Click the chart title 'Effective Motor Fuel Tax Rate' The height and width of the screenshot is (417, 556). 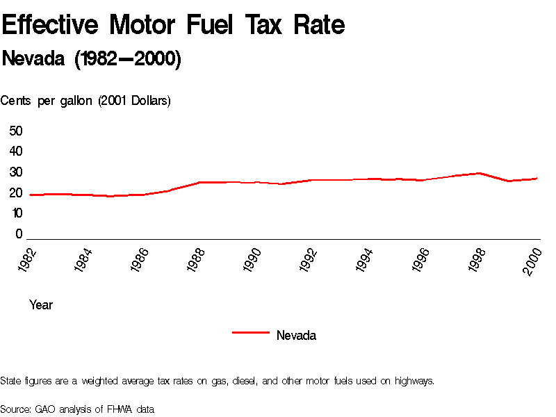click(173, 26)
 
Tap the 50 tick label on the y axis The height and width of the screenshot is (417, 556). click(16, 131)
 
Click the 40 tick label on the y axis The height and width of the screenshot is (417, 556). click(16, 152)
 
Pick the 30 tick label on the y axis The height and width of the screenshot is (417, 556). click(16, 172)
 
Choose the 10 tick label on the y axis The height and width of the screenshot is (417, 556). click(16, 213)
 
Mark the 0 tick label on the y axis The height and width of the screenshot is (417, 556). click(19, 234)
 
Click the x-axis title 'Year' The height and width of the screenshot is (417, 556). click(41, 305)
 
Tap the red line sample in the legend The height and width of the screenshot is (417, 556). click(250, 333)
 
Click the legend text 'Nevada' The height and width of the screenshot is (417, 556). click(296, 336)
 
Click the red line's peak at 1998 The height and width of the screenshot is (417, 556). click(479, 173)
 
